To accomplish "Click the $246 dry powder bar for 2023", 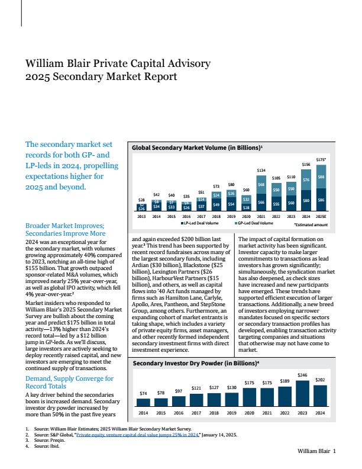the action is [302, 393].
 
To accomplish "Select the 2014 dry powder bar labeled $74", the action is [143, 402].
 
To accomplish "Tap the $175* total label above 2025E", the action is [321, 160].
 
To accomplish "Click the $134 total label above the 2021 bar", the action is [261, 170].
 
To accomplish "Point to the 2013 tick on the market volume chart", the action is [141, 216].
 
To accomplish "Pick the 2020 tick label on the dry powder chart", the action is [249, 413].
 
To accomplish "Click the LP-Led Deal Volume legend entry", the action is [199, 223].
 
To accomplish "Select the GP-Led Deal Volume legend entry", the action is [254, 223].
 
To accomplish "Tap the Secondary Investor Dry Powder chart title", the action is [196, 363].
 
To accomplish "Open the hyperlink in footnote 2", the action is [137, 435].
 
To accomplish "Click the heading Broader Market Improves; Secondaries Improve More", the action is [66, 229].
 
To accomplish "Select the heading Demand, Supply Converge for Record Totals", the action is [69, 383].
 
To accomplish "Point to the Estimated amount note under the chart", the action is [311, 224].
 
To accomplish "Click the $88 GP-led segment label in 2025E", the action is [321, 177].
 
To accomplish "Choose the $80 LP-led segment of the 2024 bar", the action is [306, 200].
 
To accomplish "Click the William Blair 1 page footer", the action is [316, 451].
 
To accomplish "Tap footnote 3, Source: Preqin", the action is [45, 441].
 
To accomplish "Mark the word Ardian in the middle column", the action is [139, 265].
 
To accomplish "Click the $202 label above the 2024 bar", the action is [320, 380].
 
